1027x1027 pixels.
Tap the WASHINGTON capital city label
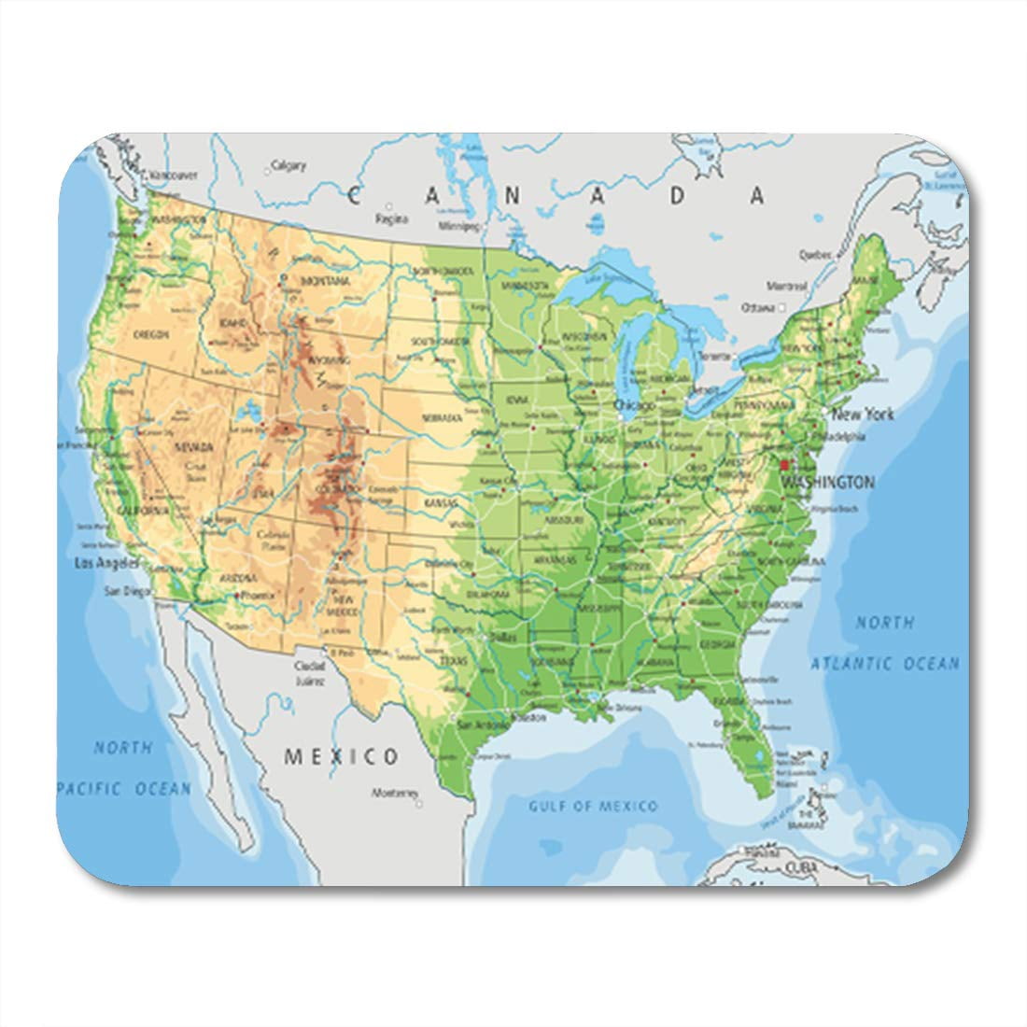tap(828, 483)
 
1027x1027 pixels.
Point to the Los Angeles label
tap(106, 563)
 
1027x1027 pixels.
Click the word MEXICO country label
tap(342, 756)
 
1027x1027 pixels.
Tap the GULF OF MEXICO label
tap(593, 806)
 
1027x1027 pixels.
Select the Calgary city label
tap(288, 166)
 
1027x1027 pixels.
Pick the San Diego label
tap(123, 590)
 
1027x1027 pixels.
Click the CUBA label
tap(800, 867)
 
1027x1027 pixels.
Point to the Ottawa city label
tap(758, 307)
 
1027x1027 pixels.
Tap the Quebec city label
tap(814, 254)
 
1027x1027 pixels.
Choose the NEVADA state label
tap(194, 447)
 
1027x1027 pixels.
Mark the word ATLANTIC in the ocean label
tap(849, 664)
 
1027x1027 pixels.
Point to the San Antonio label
tap(483, 723)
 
